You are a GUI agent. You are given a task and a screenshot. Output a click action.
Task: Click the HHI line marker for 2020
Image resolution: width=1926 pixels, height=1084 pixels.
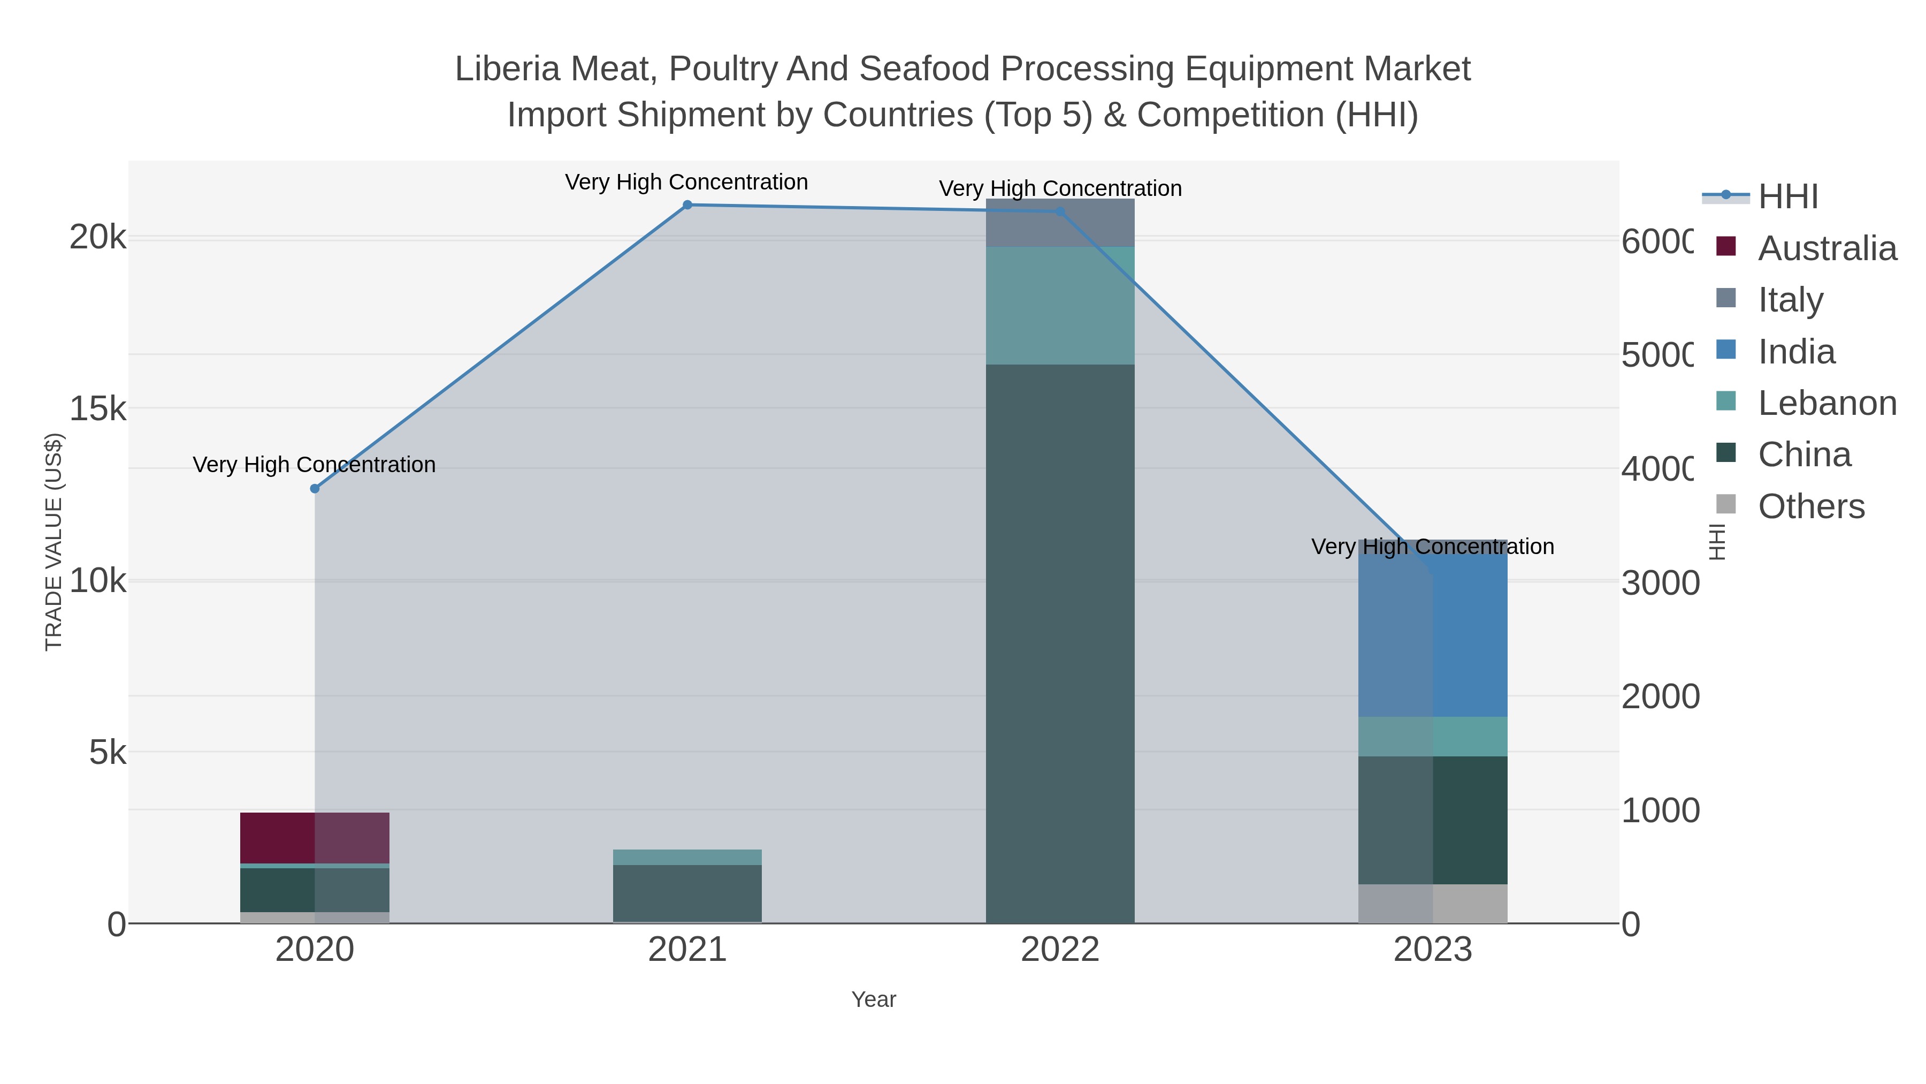(x=315, y=489)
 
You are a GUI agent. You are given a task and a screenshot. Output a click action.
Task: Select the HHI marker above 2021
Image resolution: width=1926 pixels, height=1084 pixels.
(x=687, y=205)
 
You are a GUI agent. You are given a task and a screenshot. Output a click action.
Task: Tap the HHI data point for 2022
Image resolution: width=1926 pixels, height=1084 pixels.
(x=1059, y=211)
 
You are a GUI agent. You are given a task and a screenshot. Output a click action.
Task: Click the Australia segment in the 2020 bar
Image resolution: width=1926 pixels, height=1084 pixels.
(x=314, y=838)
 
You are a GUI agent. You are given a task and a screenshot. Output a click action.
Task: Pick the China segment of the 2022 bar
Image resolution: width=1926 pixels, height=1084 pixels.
(x=1059, y=643)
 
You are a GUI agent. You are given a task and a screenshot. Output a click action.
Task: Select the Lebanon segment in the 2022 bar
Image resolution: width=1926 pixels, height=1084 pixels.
(x=1059, y=305)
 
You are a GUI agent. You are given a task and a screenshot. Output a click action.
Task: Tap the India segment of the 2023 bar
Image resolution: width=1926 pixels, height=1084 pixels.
(x=1433, y=636)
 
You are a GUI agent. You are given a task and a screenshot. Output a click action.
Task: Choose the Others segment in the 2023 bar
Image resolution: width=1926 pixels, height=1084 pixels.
(x=1433, y=904)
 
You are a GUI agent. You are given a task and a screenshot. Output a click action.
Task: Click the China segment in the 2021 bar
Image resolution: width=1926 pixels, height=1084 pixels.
(x=687, y=893)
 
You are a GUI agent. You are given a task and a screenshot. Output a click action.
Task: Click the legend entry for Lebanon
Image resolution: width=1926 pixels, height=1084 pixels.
(x=1826, y=403)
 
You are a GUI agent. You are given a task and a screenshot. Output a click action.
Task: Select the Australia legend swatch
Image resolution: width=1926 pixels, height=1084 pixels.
(x=1725, y=247)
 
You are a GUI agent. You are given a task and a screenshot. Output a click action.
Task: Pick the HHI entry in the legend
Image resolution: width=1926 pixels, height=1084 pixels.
(x=1787, y=197)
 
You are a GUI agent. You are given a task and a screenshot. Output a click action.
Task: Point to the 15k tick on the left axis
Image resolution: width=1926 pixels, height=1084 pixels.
(x=98, y=409)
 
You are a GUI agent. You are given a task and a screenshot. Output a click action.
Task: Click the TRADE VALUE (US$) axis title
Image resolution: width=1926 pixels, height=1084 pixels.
(x=54, y=542)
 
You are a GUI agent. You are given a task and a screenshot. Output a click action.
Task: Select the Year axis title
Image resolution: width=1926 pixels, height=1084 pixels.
(x=873, y=999)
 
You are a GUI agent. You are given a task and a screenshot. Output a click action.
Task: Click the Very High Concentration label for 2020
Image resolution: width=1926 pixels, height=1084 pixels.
(x=314, y=465)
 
